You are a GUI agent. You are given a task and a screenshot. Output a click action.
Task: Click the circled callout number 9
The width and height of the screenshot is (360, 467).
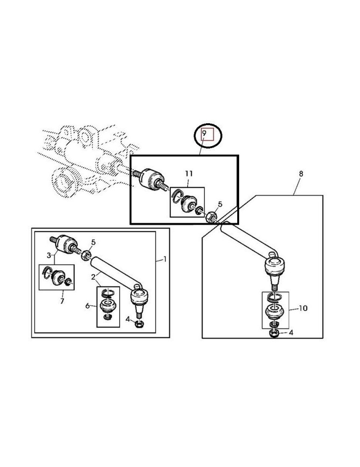coord(204,133)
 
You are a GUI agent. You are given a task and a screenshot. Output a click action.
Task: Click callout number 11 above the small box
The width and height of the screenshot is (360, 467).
coord(189,174)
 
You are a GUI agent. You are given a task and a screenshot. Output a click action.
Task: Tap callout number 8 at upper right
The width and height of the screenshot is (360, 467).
coord(301,174)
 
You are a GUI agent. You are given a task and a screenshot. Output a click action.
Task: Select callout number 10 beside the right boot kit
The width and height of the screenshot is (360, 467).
coord(303,308)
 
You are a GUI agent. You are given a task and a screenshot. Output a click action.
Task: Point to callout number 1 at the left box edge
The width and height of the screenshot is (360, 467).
coord(165,259)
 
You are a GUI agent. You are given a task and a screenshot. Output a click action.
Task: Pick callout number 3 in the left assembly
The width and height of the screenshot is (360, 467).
coord(49,255)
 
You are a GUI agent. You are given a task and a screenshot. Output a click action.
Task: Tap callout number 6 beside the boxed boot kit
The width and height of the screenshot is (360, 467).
coord(87,306)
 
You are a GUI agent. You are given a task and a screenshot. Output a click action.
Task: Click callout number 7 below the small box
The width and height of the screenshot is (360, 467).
coord(62,301)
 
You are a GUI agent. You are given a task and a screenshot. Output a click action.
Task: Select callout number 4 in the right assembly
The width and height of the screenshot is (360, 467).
coord(291,333)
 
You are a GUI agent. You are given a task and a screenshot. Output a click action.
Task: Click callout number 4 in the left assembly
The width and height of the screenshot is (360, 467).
coord(128,319)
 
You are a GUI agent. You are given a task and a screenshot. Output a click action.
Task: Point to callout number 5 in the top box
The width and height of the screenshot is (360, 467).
coord(220,205)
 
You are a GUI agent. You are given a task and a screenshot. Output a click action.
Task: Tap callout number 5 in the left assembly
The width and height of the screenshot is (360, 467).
coord(93,243)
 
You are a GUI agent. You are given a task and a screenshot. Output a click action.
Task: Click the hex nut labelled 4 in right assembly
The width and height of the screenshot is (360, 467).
coord(274,333)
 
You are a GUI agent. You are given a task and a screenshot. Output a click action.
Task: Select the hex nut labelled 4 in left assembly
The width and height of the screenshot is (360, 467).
coord(139,324)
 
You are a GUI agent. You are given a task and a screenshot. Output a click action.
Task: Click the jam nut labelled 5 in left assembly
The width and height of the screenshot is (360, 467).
coord(86,255)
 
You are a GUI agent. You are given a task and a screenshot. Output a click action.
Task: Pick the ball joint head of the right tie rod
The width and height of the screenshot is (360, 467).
coord(275,265)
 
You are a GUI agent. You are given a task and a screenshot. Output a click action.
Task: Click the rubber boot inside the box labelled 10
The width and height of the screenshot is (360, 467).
coord(274,312)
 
